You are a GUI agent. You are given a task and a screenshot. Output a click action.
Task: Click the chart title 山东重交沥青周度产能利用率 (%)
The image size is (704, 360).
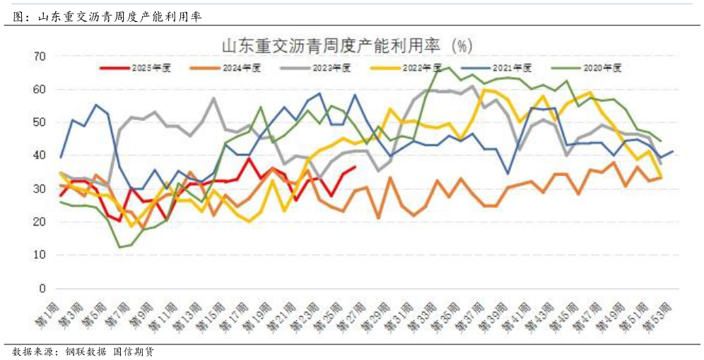point(346,46)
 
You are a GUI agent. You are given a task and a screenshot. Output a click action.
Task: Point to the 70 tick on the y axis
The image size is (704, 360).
point(40,56)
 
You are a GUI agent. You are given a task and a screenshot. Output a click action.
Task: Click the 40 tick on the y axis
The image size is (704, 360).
point(40,156)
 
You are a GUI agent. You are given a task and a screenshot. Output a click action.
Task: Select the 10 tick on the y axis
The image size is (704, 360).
point(40,255)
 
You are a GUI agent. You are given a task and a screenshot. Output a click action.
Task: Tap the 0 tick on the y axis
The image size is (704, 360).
point(43,289)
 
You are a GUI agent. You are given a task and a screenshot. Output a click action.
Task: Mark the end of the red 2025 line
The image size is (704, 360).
point(355,167)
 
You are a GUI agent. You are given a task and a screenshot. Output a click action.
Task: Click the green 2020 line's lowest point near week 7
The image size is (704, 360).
point(119,247)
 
